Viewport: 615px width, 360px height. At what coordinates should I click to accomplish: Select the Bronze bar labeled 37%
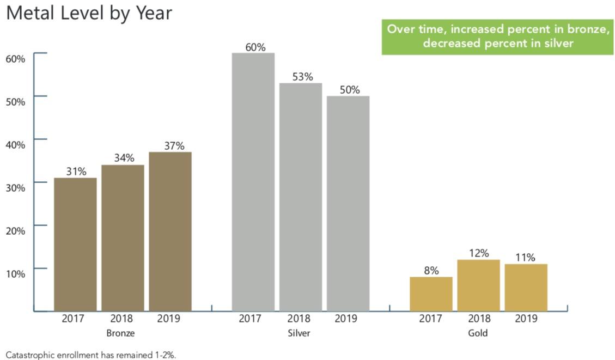coord(170,231)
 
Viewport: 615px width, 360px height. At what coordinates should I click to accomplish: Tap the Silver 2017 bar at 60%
coord(253,182)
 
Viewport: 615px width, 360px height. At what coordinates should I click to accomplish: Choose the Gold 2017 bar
coord(431,294)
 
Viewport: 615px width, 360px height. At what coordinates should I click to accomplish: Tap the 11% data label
coord(525,257)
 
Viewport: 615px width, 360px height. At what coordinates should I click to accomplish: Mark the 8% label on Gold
coord(431,270)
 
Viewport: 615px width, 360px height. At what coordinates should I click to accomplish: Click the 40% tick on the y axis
coord(16,144)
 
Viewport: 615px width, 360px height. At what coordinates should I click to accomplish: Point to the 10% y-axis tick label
coord(16,273)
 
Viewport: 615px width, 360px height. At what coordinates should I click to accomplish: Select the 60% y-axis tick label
coord(16,58)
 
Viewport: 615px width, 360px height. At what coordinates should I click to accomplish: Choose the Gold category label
coord(478,332)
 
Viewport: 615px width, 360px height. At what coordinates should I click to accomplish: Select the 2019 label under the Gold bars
coord(526,319)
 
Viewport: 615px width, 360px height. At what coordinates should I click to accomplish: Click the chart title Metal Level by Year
coord(89,14)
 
